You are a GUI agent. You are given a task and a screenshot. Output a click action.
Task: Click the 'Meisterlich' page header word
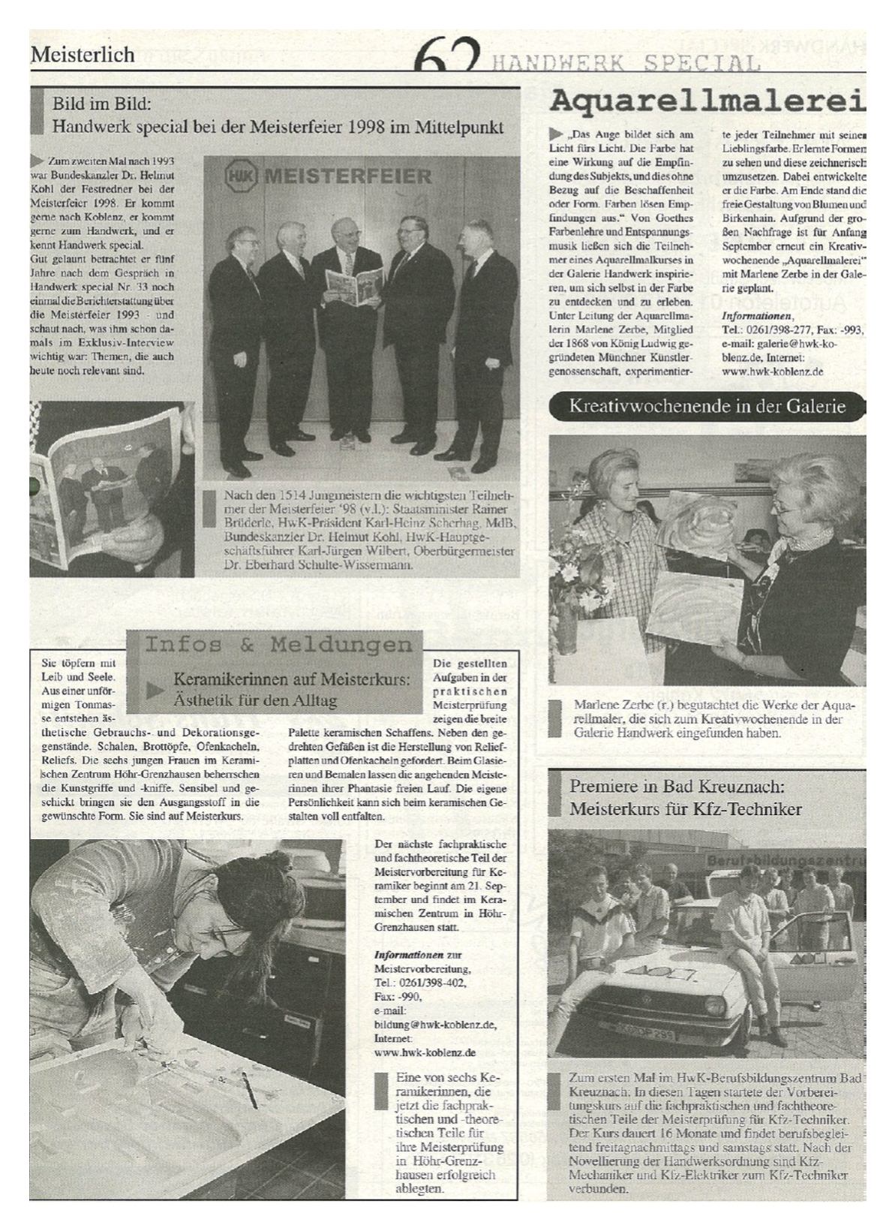(x=83, y=54)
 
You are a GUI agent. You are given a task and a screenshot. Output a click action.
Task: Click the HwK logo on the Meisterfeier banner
(x=240, y=177)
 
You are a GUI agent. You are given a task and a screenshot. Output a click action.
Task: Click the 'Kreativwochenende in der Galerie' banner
(x=707, y=407)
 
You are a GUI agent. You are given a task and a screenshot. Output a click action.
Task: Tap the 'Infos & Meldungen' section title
(x=278, y=645)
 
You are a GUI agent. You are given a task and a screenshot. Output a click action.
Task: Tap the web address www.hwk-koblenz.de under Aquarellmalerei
(x=773, y=371)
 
